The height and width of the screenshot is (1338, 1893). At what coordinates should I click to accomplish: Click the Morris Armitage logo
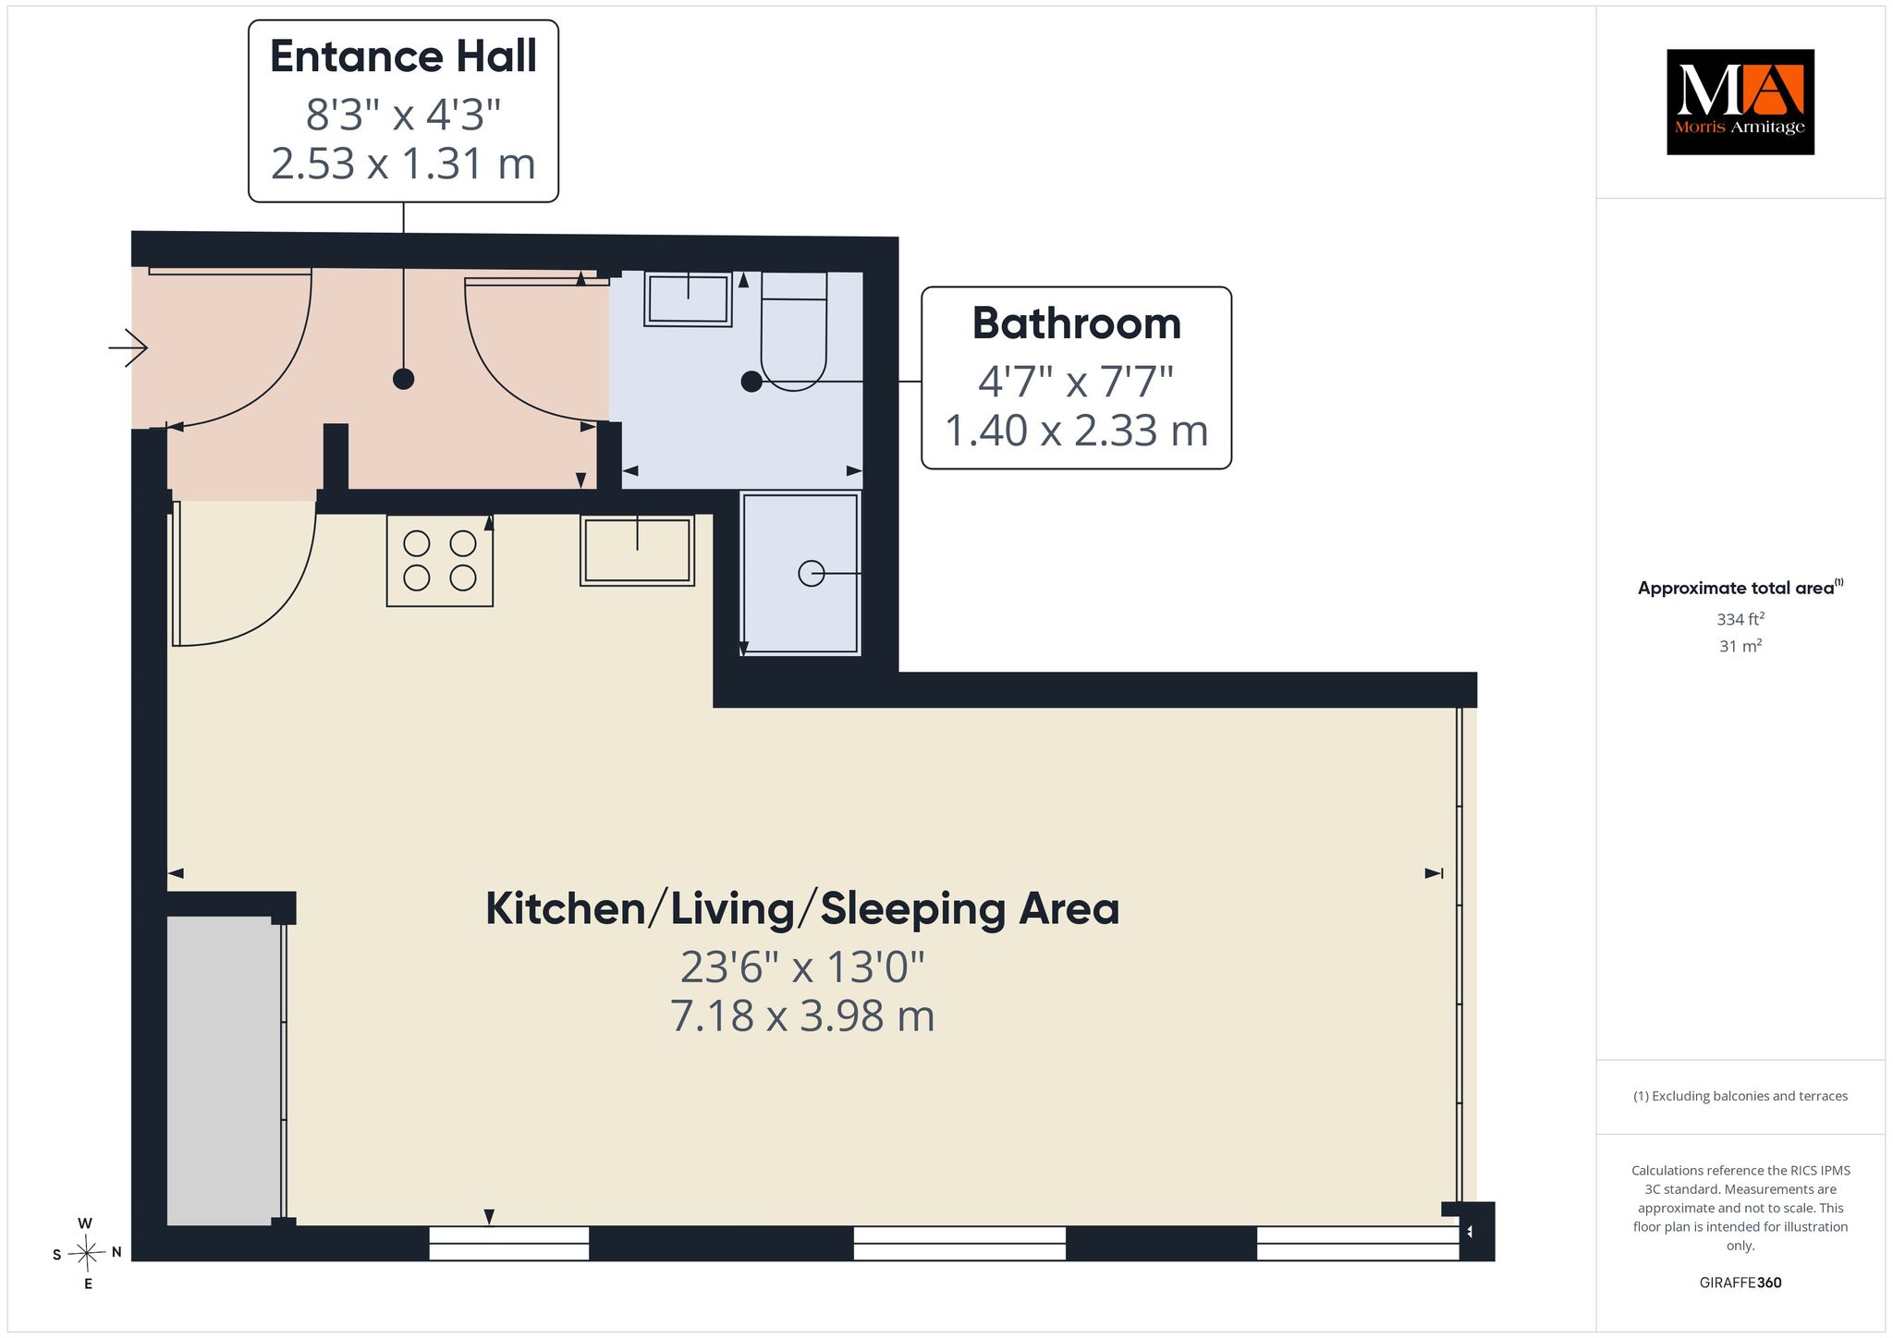(x=1740, y=102)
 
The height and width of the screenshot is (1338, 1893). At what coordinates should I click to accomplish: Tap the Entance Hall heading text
(x=403, y=56)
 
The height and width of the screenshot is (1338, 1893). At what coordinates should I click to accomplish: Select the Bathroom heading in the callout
(x=1077, y=323)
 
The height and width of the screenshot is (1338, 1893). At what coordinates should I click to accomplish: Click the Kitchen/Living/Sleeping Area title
(x=802, y=908)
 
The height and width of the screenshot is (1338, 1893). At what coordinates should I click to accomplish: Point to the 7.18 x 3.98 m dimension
(x=802, y=1016)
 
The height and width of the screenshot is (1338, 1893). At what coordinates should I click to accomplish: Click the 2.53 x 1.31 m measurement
(x=403, y=164)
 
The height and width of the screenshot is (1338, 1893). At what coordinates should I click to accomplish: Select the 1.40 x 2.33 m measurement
(x=1077, y=431)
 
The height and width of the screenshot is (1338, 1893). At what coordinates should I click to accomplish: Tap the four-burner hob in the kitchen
(x=440, y=560)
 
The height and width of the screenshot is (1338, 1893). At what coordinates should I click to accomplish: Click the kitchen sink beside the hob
(x=638, y=550)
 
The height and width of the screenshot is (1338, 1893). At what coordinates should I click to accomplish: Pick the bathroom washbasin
(x=689, y=298)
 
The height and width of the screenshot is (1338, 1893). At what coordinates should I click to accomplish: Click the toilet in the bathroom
(x=793, y=332)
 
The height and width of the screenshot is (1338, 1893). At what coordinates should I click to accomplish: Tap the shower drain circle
(x=811, y=574)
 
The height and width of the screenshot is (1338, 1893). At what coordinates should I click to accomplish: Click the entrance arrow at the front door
(x=128, y=347)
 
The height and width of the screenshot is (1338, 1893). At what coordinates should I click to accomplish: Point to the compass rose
(x=87, y=1253)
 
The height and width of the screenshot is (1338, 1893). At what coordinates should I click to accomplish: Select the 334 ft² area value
(x=1740, y=618)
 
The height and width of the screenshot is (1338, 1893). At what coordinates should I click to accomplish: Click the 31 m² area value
(x=1740, y=646)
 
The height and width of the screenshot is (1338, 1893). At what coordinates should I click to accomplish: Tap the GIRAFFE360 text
(x=1740, y=1283)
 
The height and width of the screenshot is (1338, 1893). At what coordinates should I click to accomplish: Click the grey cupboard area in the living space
(x=224, y=1071)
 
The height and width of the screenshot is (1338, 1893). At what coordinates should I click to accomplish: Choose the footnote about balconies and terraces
(x=1740, y=1096)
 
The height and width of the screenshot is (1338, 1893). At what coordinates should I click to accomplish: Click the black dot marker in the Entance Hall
(x=403, y=379)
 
